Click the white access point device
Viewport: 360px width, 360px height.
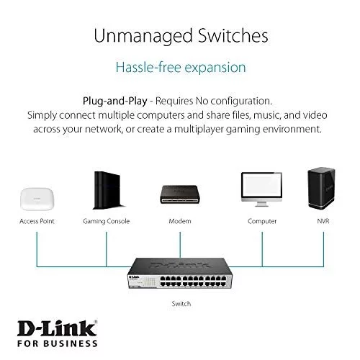tap(37, 199)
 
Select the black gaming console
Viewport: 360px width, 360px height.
tap(107, 190)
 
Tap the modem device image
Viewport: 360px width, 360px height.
tap(180, 194)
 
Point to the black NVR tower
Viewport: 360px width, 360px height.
tap(321, 188)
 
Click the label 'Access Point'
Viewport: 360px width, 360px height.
tap(37, 221)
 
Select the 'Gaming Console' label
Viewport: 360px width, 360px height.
tap(107, 221)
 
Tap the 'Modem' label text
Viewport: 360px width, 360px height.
tap(180, 221)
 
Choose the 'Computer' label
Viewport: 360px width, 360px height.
tap(262, 221)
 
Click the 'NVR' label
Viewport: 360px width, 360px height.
tap(323, 221)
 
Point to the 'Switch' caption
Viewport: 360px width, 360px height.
tap(181, 304)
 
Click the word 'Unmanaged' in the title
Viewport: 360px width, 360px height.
tap(143, 37)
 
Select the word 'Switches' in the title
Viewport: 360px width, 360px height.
tap(233, 35)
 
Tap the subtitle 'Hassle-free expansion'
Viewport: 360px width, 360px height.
tap(181, 68)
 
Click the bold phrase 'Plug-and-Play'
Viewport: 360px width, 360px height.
tap(115, 102)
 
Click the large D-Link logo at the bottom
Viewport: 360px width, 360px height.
tap(58, 329)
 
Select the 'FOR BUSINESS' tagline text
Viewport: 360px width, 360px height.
tap(58, 343)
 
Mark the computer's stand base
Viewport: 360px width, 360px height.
tap(261, 205)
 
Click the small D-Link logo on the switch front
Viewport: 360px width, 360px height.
tap(134, 277)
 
